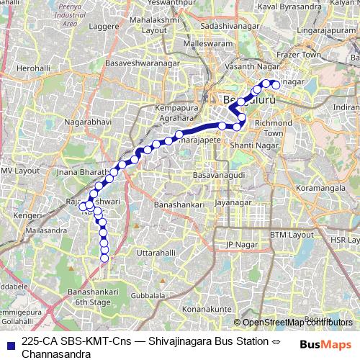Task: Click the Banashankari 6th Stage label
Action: pyautogui.click(x=89, y=297)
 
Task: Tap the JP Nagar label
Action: pyautogui.click(x=240, y=245)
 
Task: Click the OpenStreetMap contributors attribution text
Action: pyautogui.click(x=297, y=322)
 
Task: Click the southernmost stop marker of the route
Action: pyautogui.click(x=104, y=258)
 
